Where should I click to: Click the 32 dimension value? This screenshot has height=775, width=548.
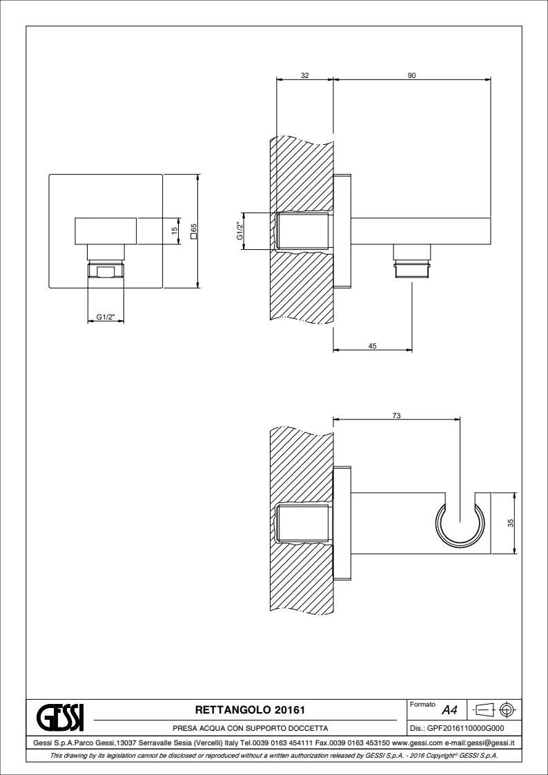pos(305,76)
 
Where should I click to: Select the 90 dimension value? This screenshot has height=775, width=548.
pos(412,76)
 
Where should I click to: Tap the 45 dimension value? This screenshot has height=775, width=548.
pos(373,346)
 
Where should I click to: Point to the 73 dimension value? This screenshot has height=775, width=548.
pos(396,416)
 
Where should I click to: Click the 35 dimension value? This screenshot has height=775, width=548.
pos(511,523)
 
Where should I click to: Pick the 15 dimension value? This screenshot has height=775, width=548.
pos(175,230)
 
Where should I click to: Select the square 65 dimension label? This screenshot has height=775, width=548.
pos(194,231)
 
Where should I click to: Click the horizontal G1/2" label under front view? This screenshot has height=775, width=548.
pos(106,317)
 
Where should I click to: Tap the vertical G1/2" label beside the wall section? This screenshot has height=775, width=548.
pos(239,231)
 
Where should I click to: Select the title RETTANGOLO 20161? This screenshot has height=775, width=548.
pos(250,710)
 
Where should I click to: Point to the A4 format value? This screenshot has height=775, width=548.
pos(449,711)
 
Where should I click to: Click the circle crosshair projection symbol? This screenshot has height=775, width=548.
pos(507,710)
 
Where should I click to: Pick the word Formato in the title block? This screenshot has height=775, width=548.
pos(422,705)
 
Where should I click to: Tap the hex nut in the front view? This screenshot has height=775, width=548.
pos(106,271)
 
